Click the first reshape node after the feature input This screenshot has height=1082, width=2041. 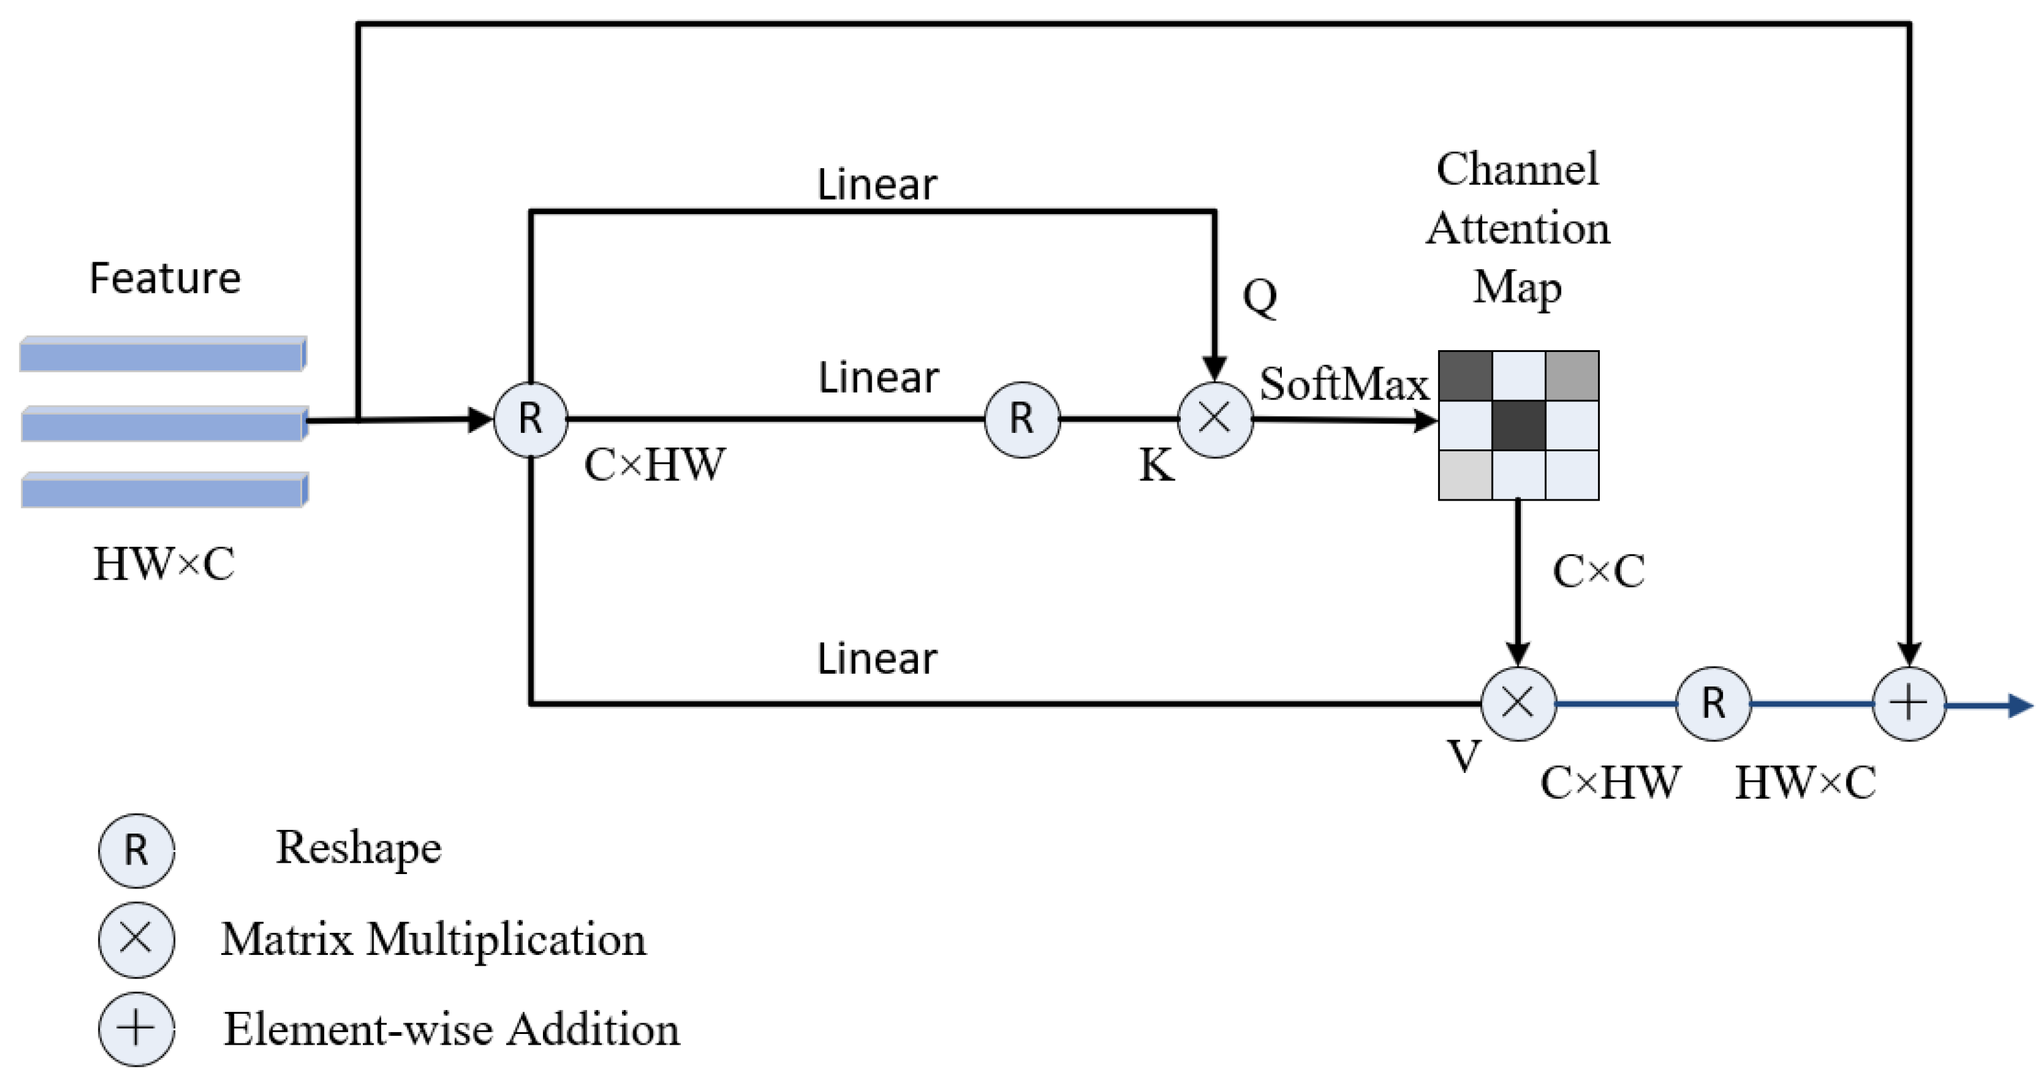(530, 419)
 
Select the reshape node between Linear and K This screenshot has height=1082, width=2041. (1022, 419)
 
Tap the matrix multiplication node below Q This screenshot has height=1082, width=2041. (1215, 419)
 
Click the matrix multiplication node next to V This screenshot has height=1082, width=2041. (1518, 703)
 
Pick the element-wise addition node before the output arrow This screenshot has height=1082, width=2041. (1910, 703)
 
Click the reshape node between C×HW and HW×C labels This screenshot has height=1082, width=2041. (1713, 703)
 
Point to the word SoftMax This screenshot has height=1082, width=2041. (1344, 384)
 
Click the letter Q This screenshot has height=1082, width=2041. (1260, 296)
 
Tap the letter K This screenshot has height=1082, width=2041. (1156, 465)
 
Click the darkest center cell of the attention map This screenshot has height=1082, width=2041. (1518, 425)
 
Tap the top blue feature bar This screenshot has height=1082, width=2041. (162, 354)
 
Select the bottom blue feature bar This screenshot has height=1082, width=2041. (163, 490)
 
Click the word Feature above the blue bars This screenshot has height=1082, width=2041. (165, 279)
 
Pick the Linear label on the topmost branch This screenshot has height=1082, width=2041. (877, 185)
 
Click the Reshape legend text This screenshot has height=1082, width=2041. (358, 848)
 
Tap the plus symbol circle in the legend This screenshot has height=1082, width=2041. (137, 1029)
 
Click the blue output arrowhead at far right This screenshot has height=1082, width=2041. (2020, 705)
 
